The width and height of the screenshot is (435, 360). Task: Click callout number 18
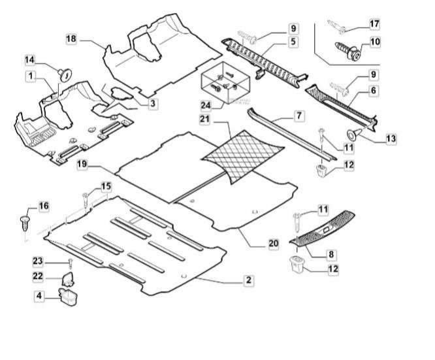click(71, 40)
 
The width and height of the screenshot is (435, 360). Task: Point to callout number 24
click(206, 105)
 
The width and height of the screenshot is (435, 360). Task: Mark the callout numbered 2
click(248, 280)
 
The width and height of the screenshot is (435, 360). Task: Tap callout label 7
click(298, 116)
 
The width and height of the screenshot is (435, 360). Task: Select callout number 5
click(293, 41)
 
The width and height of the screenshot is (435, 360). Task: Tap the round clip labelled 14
click(65, 71)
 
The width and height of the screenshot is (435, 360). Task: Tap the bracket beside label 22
click(68, 279)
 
